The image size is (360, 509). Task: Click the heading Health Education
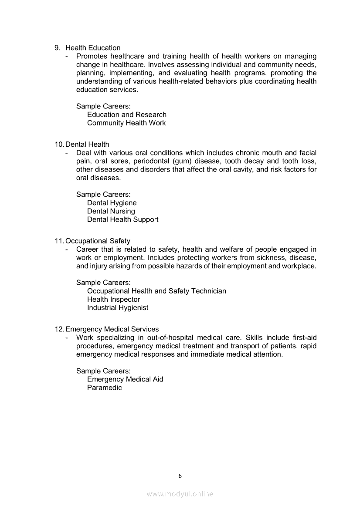[x=93, y=48]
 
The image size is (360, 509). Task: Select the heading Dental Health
[x=87, y=144]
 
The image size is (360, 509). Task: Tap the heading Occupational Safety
[x=98, y=241]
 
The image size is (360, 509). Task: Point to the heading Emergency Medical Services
[x=112, y=329]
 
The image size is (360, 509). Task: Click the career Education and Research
[x=127, y=115]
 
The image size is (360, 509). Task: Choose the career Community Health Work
[x=126, y=123]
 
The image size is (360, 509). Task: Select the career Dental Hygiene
[x=112, y=203]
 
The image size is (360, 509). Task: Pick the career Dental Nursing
[x=111, y=211]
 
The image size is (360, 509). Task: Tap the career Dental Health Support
[x=123, y=219]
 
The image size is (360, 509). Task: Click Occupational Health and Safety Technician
[x=156, y=291]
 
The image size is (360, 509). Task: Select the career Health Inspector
[x=113, y=299]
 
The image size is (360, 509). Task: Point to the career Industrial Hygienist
[x=118, y=307]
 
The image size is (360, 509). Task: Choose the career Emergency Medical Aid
[x=125, y=379]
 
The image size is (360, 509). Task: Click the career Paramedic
[x=105, y=388]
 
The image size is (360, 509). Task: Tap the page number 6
[x=180, y=476]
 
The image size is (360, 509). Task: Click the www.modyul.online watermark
[x=180, y=494]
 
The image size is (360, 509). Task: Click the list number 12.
[x=59, y=329]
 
